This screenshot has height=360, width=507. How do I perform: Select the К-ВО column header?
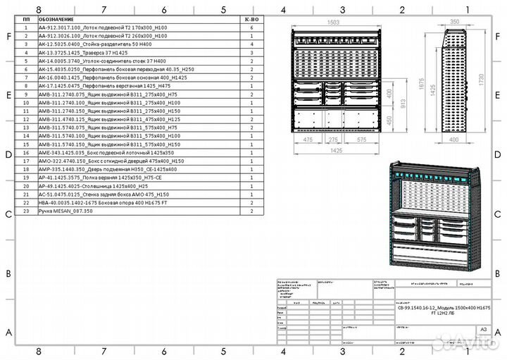coord(251,20)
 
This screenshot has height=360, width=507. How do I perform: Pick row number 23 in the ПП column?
coord(26,211)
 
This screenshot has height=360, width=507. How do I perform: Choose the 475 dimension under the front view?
coord(308,140)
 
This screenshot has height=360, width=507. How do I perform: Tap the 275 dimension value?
coord(332,140)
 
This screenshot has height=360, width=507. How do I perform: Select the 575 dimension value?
coord(361,140)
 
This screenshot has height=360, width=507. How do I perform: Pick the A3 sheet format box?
coord(482,328)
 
